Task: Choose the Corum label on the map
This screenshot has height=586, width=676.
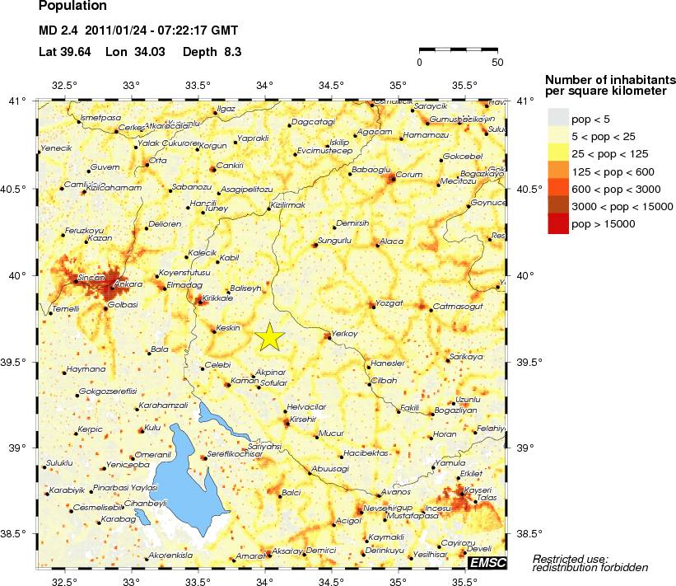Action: coord(409,175)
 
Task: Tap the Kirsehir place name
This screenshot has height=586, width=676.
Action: coord(303,420)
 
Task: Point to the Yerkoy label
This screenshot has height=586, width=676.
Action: coord(343,334)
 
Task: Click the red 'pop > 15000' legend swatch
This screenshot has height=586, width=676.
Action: coord(558,224)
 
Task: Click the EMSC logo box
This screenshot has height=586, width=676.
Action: coord(487,562)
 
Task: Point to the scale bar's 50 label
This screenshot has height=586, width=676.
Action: coord(497,62)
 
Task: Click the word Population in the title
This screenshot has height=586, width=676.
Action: coord(72,6)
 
